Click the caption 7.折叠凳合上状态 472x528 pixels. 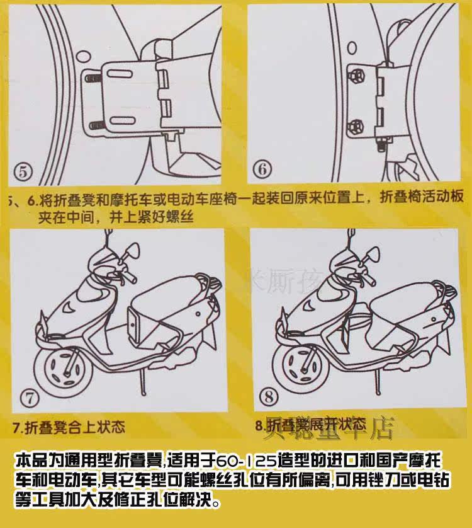point(69,427)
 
